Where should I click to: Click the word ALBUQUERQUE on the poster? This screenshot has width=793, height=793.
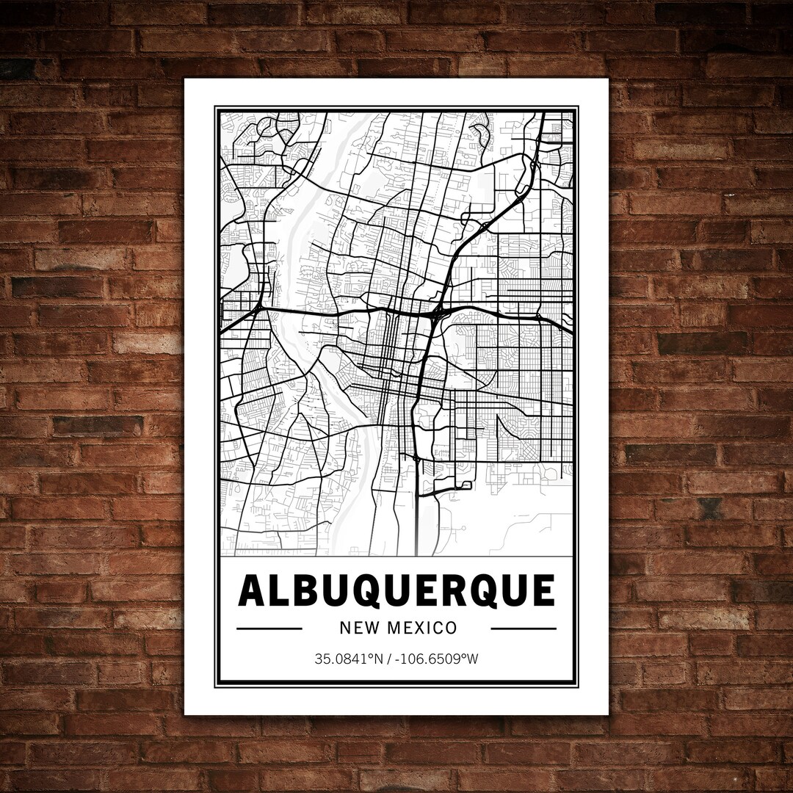396,591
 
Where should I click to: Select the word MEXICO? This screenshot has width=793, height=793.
421,628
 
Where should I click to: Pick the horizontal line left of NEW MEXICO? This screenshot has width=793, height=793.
269,629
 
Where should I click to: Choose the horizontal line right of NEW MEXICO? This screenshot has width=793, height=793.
524,629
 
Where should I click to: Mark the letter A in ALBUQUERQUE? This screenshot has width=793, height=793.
253,591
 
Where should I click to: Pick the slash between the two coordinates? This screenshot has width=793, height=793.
393,659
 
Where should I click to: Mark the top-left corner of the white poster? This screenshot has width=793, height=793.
184,79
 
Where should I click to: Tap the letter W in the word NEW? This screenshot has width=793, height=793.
370,628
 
